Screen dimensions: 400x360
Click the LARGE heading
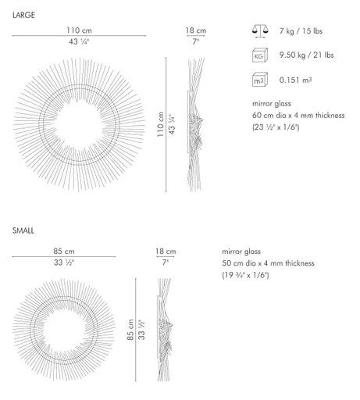[x=24, y=13]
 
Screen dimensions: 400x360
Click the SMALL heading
[x=23, y=232]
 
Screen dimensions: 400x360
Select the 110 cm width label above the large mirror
[x=77, y=30]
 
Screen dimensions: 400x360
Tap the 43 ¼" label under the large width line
[x=77, y=41]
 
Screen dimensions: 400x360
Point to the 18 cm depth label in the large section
[x=195, y=30]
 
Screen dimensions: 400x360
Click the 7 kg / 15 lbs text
[x=302, y=31]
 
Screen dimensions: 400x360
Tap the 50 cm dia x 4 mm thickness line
[x=268, y=263]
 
